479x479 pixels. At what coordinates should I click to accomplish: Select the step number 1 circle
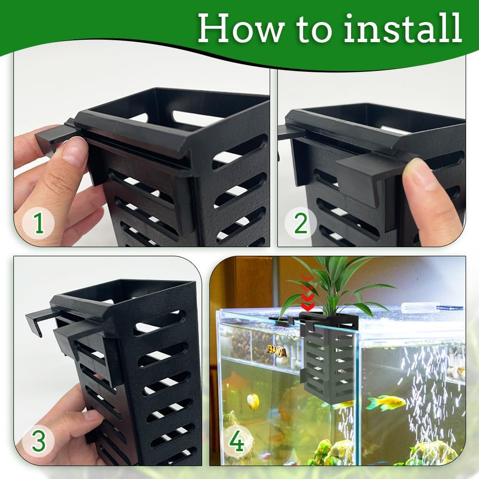pyautogui.click(x=38, y=223)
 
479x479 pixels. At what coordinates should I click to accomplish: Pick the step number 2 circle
pyautogui.click(x=301, y=223)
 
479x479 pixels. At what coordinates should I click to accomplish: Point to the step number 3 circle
pyautogui.click(x=38, y=441)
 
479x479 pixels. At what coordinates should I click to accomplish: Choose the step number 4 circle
pyautogui.click(x=237, y=441)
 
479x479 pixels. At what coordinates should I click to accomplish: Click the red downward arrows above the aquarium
pyautogui.click(x=308, y=293)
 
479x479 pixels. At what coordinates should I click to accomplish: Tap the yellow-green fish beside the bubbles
pyautogui.click(x=386, y=403)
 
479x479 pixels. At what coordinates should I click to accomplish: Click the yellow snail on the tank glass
pyautogui.click(x=253, y=401)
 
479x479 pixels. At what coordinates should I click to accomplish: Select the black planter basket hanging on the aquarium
pyautogui.click(x=329, y=356)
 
